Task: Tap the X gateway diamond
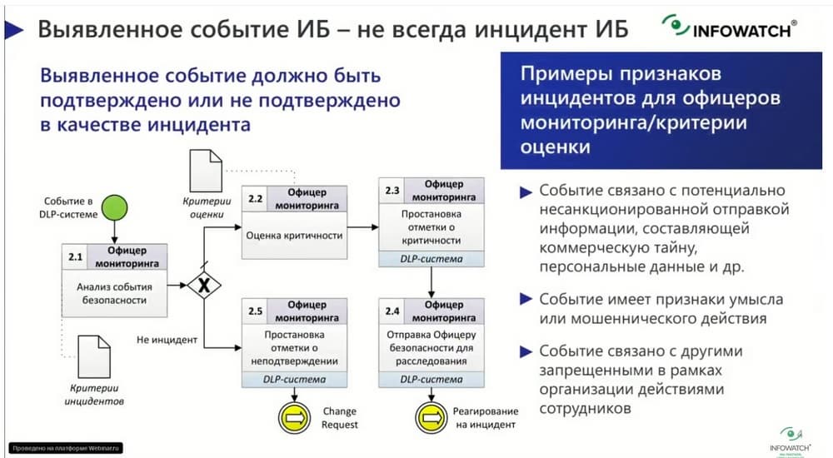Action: coord(202,286)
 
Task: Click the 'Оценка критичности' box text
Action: coord(295,235)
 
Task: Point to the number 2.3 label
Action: coord(392,191)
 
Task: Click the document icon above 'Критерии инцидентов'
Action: coord(93,356)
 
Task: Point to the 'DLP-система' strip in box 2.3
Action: coord(431,259)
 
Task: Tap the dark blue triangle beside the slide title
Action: coord(15,30)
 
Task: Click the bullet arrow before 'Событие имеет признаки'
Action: coord(526,299)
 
